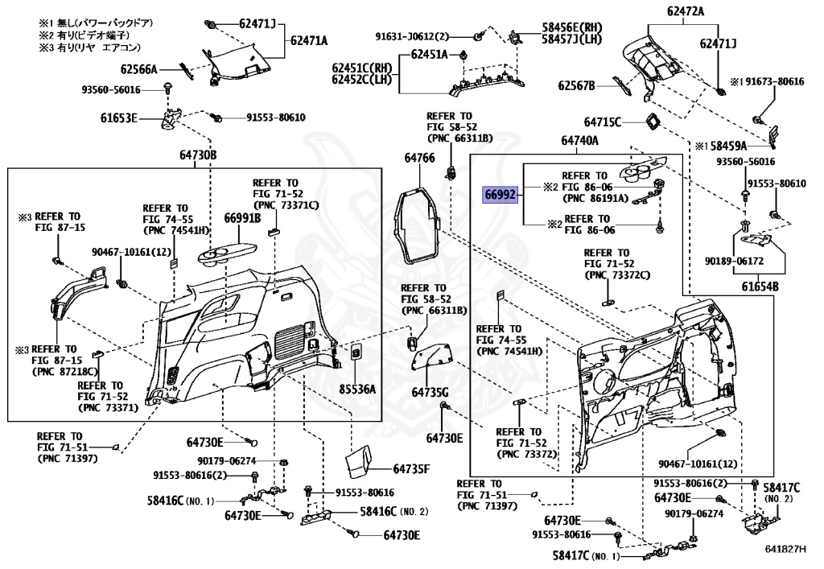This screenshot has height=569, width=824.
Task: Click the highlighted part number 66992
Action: (499, 194)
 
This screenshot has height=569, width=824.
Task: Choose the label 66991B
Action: (242, 217)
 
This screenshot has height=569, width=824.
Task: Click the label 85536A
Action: (356, 389)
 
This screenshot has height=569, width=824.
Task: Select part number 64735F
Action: (412, 468)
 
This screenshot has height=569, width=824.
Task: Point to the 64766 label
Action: (419, 159)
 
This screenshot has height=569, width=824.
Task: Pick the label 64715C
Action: (603, 122)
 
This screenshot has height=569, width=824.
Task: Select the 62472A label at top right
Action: (685, 12)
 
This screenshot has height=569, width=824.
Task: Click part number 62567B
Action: (577, 85)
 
